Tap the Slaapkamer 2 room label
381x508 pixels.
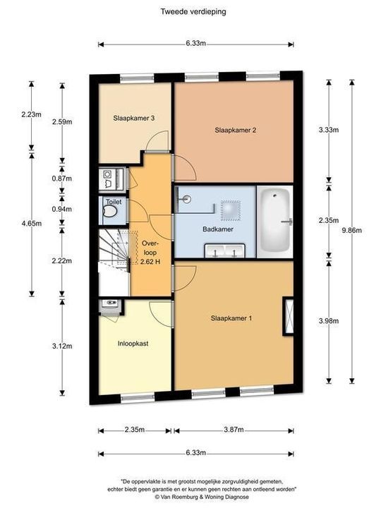tap(234, 130)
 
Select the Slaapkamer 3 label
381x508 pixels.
tap(134, 119)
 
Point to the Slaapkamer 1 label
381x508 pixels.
tap(231, 318)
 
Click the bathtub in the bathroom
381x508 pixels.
tap(274, 222)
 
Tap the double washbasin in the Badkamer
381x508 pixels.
tap(224, 250)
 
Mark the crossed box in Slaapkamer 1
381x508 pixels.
tap(288, 315)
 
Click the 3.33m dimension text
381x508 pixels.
tap(327, 131)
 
